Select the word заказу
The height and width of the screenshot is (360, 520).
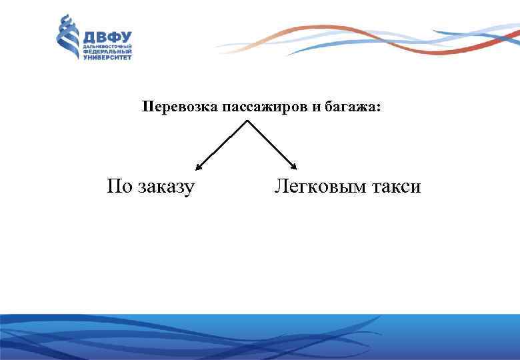pyautogui.click(x=166, y=187)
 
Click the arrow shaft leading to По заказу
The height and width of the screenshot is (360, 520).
pyautogui.click(x=223, y=144)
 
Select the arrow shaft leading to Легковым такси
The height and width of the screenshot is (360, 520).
pyautogui.click(x=272, y=144)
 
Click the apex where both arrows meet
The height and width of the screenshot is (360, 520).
pyautogui.click(x=248, y=121)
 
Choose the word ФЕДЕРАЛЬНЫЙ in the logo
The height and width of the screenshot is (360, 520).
pyautogui.click(x=107, y=52)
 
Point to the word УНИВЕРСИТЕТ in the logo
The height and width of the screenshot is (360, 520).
pyautogui.click(x=107, y=57)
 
